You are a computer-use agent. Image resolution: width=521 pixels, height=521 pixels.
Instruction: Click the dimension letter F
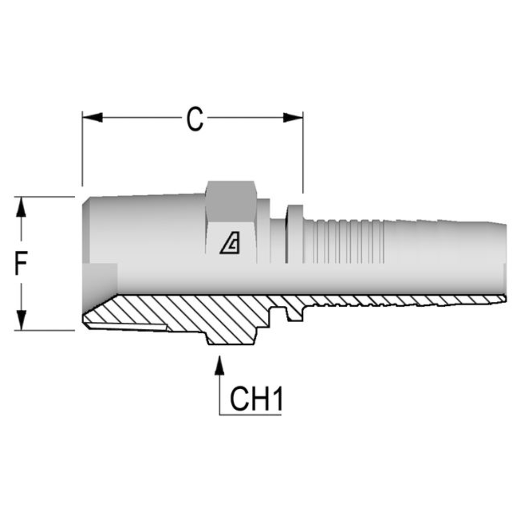coord(21,263)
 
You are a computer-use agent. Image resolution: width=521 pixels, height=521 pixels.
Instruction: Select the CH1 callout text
coord(256,398)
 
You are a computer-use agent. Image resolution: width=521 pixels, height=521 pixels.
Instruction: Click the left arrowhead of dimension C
coord(93,117)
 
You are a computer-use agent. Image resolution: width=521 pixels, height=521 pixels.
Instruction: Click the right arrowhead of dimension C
coord(292,117)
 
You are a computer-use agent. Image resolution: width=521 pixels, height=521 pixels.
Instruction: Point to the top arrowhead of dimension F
coord(21,206)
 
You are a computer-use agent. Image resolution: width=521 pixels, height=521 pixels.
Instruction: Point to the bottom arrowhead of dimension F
coord(21,320)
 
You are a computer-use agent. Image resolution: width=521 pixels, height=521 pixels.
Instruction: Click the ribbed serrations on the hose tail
coord(347,241)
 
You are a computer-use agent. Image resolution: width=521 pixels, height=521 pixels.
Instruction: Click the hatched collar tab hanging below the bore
coord(295,314)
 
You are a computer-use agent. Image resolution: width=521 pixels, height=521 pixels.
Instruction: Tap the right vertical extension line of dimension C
coord(303,154)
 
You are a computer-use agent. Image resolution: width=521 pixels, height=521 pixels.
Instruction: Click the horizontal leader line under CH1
coord(251,414)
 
